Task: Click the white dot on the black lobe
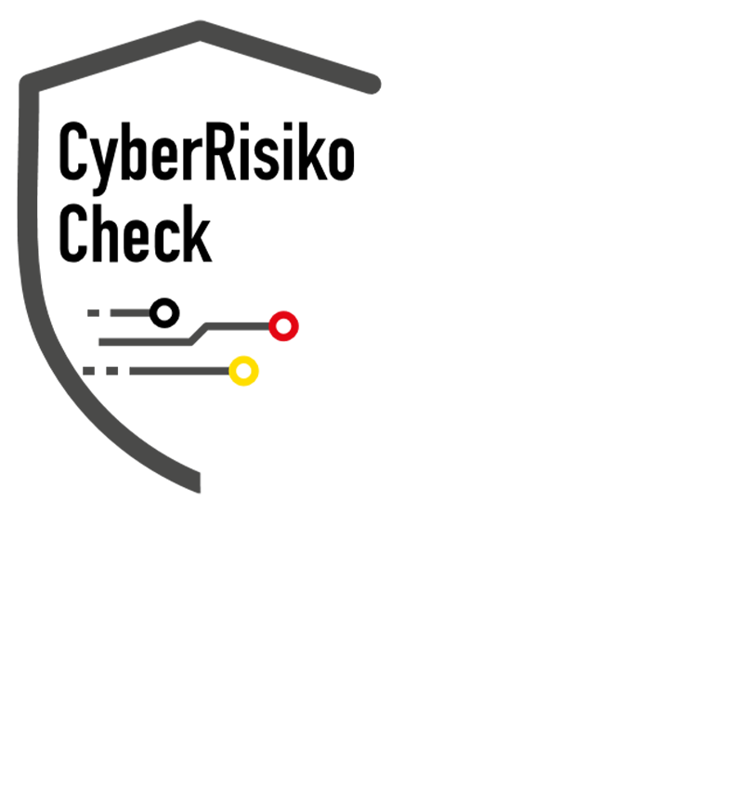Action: [164, 312]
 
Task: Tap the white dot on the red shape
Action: [283, 325]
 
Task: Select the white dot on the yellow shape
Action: [243, 371]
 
